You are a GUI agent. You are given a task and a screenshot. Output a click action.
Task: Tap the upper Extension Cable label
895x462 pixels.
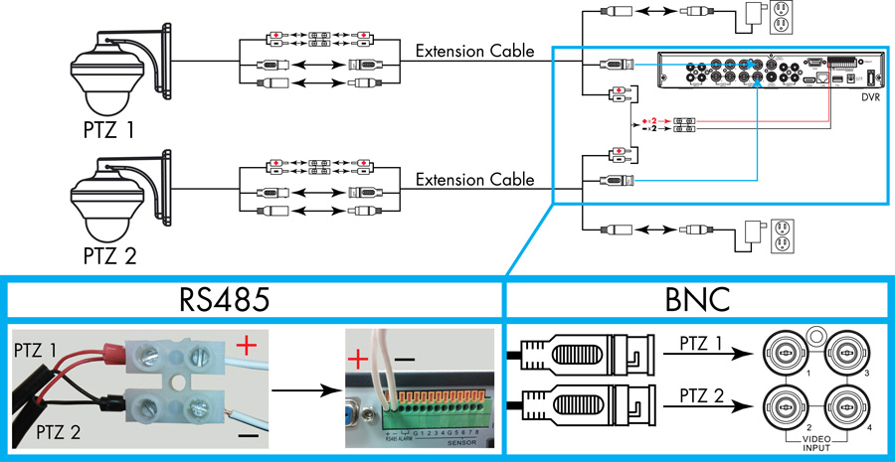(475, 51)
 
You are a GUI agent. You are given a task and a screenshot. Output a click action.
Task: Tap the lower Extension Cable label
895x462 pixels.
(475, 181)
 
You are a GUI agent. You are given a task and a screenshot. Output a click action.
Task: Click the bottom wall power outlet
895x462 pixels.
(783, 238)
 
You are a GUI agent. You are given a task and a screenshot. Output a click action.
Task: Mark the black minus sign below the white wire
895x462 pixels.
(247, 435)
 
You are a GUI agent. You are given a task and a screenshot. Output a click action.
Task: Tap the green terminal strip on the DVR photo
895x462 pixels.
(438, 405)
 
